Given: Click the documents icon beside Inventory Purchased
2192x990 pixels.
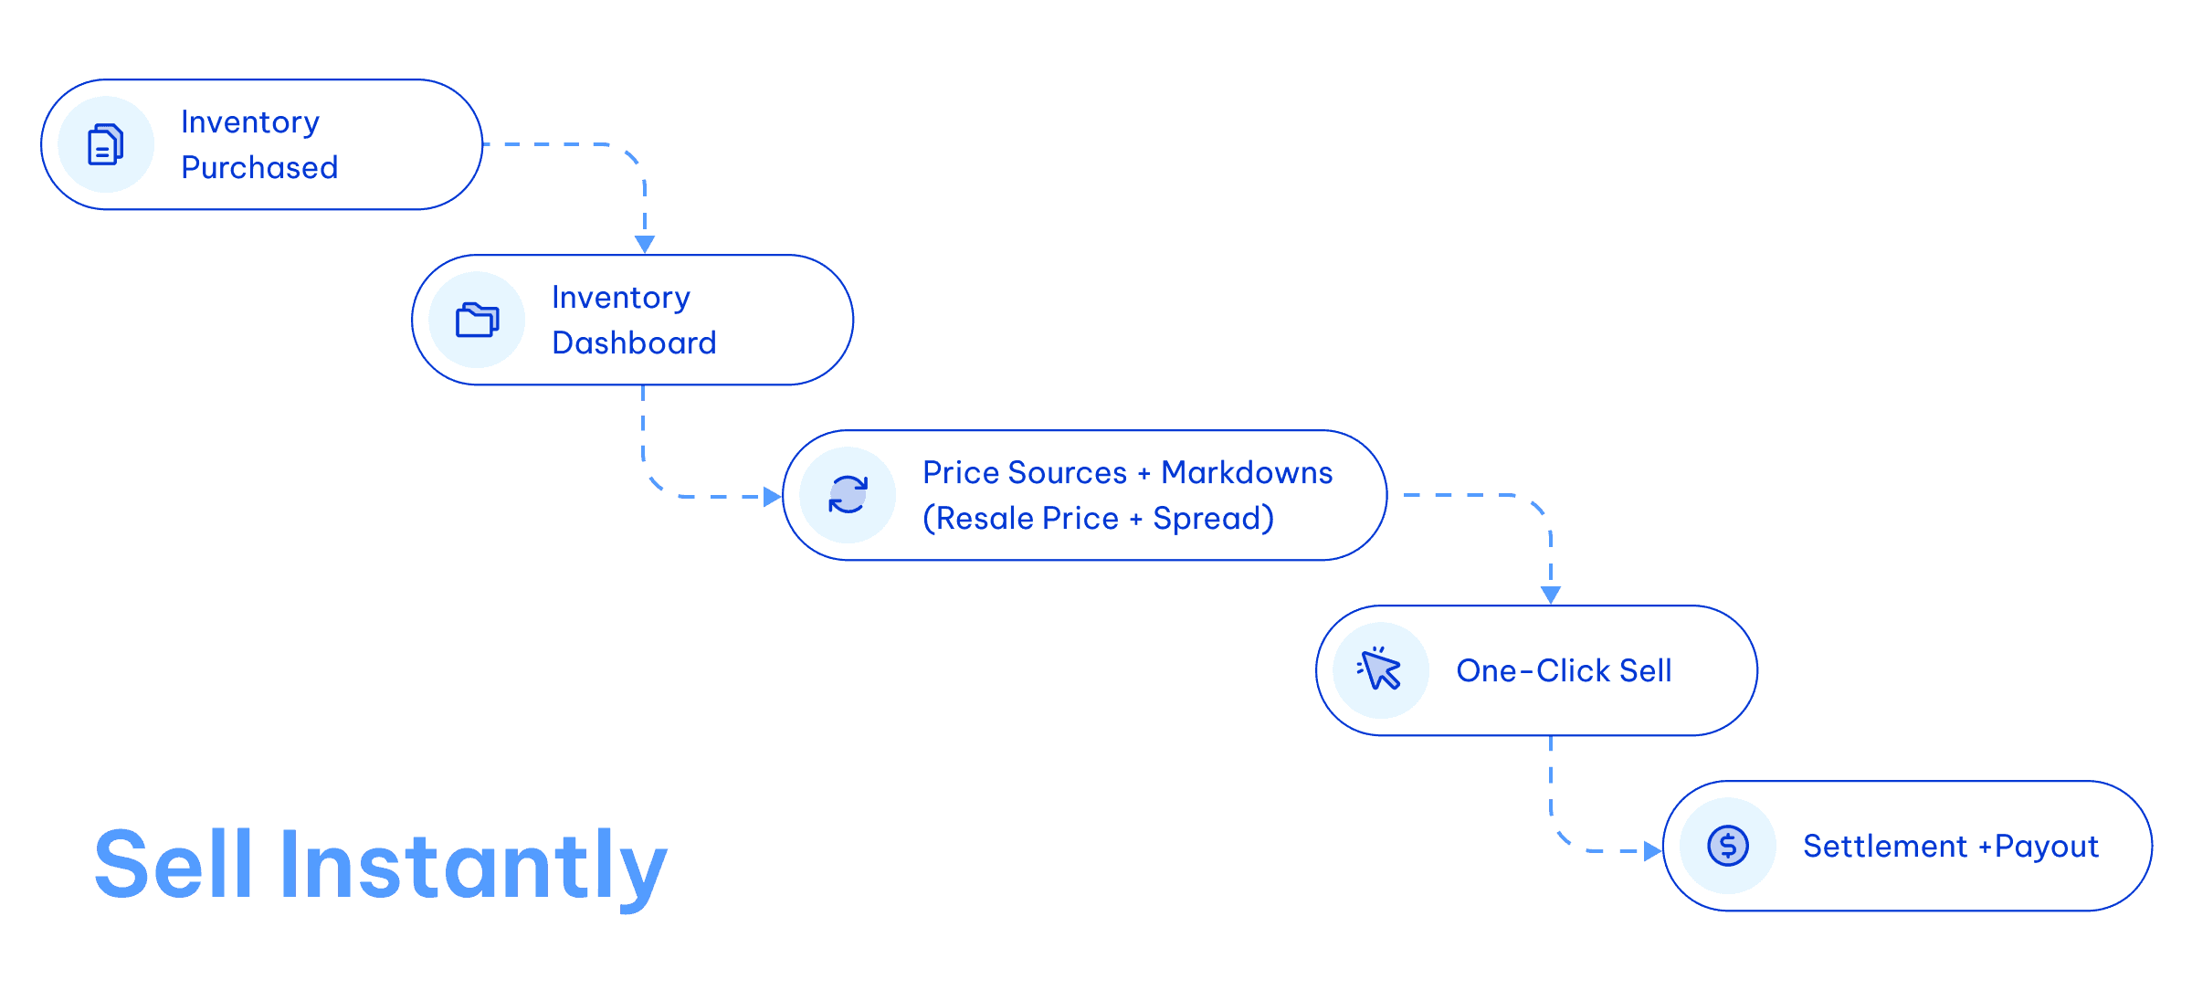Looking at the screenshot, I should coord(105,144).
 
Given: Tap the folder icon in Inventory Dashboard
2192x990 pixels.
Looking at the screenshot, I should coord(477,320).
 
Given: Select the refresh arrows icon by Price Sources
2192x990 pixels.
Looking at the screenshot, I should coord(848,495).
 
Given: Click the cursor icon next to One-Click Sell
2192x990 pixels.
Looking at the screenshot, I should coord(1380,670).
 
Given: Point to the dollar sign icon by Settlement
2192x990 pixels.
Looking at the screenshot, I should coord(1727,846).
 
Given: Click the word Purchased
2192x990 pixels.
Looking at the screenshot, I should coord(259,168).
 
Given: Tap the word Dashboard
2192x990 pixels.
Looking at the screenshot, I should coord(634,343).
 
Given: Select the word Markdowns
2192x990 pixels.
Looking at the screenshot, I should coord(1247,473).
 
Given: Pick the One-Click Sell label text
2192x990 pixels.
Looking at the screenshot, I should coord(1564,671).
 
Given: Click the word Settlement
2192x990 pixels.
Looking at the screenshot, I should coord(1884,847).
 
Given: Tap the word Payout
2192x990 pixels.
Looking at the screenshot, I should coord(2047,848).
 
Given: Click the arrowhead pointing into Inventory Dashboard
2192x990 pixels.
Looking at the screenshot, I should coord(645,244).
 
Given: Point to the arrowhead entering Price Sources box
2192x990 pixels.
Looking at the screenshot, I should coord(772,497).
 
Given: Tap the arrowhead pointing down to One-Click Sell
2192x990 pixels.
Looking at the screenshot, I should coord(1551,595).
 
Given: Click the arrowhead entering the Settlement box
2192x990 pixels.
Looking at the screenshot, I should coord(1652,851).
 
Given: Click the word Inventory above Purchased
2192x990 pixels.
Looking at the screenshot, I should coord(250,122).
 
